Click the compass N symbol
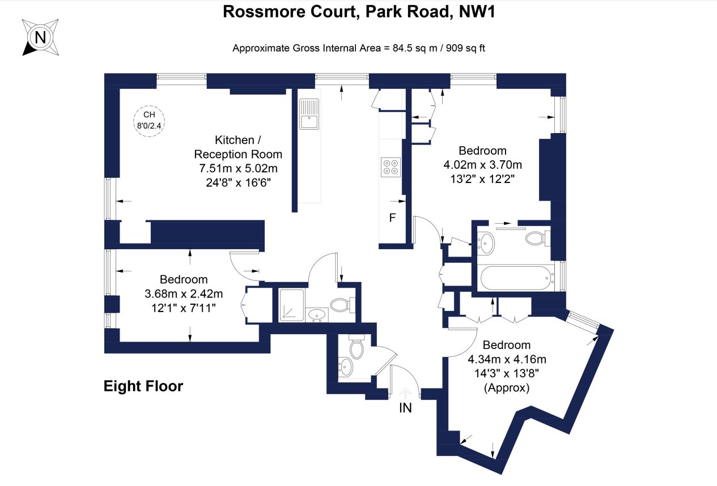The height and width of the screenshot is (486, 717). (40, 38)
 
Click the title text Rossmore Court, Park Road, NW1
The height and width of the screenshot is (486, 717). (359, 11)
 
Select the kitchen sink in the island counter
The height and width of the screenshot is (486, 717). (309, 115)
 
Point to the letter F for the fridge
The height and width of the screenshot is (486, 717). (392, 218)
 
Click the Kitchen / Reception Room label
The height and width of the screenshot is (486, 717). (238, 147)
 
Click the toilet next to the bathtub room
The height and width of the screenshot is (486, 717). (536, 238)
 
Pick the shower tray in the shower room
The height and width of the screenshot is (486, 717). (291, 304)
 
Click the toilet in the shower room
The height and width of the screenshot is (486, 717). (340, 305)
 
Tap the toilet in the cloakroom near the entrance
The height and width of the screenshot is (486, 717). (357, 348)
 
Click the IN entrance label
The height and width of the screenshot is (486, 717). (405, 407)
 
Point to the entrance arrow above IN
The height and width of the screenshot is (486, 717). (406, 392)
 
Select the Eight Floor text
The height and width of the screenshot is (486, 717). (143, 386)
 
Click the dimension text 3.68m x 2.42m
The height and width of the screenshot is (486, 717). (184, 294)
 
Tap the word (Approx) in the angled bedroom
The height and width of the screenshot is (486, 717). (506, 388)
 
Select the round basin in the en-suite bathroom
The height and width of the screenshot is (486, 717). (487, 243)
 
